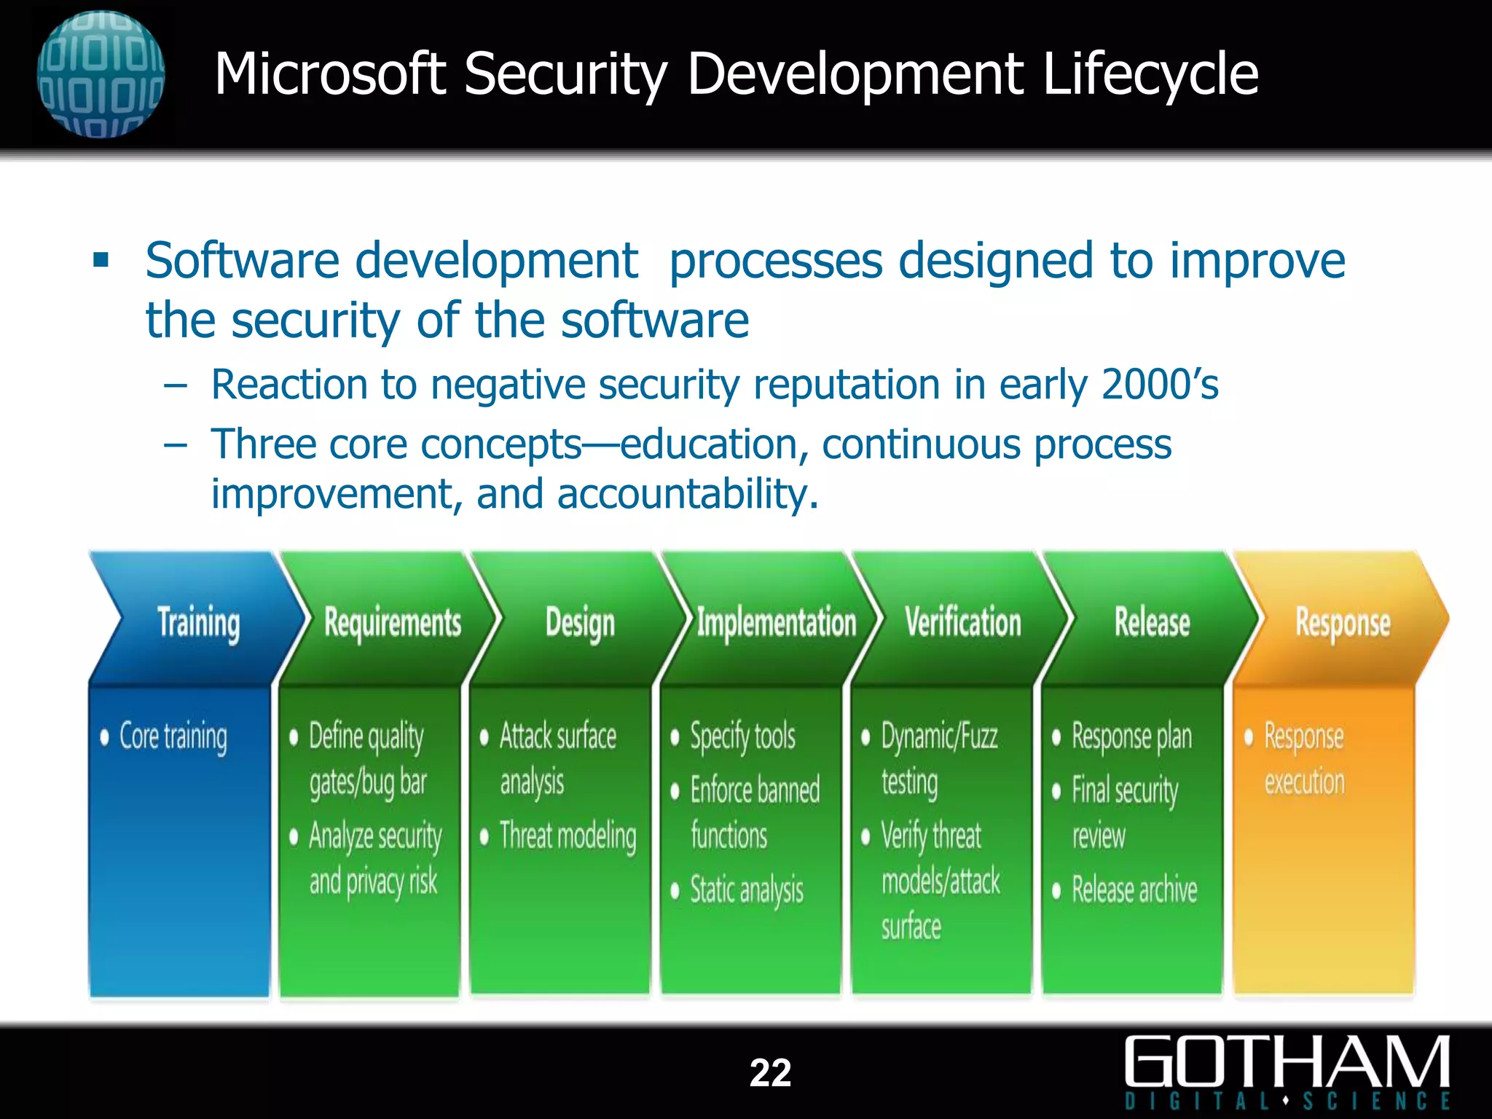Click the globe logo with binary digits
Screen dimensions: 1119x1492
(x=101, y=74)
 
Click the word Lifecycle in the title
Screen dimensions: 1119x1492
(x=1150, y=74)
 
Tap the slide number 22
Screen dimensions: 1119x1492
(x=770, y=1072)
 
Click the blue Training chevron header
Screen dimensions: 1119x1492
(x=198, y=623)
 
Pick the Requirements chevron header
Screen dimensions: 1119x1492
(x=392, y=623)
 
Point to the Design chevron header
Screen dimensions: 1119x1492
(x=580, y=623)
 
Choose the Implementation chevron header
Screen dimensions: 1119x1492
(x=776, y=623)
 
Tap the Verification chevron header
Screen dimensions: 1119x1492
(x=962, y=623)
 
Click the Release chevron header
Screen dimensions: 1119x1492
(x=1152, y=623)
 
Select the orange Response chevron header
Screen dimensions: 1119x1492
(x=1342, y=623)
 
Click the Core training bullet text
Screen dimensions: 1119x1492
(x=173, y=737)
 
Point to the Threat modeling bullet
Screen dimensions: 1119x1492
(x=568, y=836)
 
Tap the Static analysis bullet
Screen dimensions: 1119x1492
(x=746, y=890)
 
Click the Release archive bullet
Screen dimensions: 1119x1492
(x=1134, y=890)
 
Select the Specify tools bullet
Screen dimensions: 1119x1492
(x=742, y=737)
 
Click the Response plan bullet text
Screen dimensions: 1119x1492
(x=1131, y=737)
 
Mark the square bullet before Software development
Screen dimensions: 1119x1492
(x=101, y=260)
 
